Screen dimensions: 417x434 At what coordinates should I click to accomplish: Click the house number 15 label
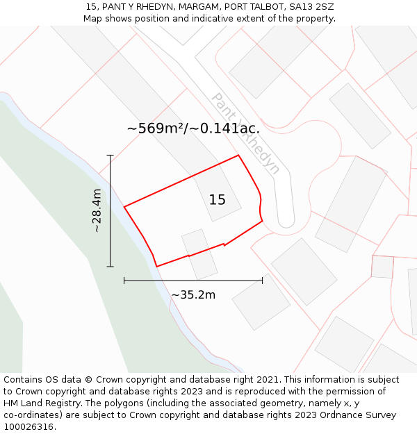coord(218,200)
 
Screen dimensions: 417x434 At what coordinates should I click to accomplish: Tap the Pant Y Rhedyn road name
coord(245,133)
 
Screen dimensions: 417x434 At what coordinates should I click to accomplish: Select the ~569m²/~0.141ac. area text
coord(193,128)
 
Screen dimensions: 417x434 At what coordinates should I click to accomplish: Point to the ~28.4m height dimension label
coord(97,210)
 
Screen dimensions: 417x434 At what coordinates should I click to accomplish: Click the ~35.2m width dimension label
coord(193,294)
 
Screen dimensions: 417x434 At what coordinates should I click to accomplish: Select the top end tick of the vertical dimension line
coord(110,156)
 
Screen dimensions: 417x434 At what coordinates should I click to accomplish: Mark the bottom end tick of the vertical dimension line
coord(110,266)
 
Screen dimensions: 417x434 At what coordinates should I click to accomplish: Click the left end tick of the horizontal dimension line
coord(124,281)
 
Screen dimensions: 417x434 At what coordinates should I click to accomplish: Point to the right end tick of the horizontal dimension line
coord(262,281)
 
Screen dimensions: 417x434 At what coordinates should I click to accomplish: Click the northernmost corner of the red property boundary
coord(239,155)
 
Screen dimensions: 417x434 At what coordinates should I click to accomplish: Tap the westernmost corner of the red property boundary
coord(124,207)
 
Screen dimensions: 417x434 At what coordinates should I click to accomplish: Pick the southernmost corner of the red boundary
coord(157,266)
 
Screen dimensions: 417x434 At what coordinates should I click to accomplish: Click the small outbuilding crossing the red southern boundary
coord(199,254)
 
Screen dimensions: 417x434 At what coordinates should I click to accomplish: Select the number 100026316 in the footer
coord(28,426)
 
